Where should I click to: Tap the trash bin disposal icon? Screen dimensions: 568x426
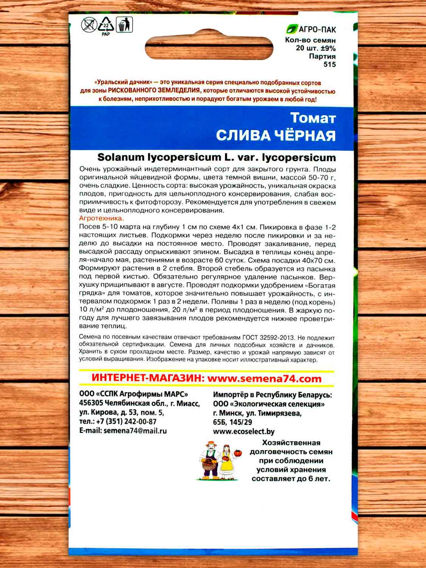click(124, 25)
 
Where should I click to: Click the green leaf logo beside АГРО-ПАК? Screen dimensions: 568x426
click(291, 29)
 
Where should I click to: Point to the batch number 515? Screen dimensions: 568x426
click(329, 64)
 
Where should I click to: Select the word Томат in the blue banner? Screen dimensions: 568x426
click(313, 118)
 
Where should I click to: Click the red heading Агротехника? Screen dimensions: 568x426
click(101, 218)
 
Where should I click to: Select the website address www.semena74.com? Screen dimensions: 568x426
click(264, 378)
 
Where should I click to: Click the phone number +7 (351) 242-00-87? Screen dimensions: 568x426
click(128, 421)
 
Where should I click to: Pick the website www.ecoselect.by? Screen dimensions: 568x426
click(244, 431)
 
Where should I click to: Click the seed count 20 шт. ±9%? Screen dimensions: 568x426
click(316, 48)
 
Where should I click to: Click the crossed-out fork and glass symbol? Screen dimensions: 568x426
click(89, 26)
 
